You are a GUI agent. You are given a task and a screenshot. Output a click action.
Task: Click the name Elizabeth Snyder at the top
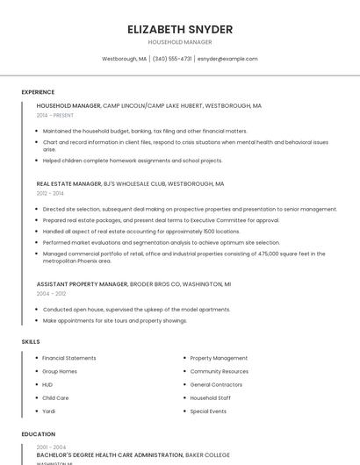[x=180, y=29]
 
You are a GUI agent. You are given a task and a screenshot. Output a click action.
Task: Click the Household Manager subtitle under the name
[x=180, y=42]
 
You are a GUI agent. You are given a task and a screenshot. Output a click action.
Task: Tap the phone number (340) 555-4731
[x=172, y=59]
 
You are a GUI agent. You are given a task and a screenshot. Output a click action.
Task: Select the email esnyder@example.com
[x=227, y=59]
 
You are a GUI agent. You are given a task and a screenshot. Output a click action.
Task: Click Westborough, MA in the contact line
[x=125, y=59]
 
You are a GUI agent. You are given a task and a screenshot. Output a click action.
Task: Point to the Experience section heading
[x=38, y=92]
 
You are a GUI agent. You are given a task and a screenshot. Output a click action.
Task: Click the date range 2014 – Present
[x=55, y=115]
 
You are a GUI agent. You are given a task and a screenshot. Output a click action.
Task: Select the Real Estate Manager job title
[x=68, y=184]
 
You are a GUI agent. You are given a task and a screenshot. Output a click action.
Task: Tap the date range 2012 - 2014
[x=50, y=193]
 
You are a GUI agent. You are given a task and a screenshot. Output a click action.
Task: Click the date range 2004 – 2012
[x=50, y=294]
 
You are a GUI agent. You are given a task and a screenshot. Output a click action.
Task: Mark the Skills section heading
[x=31, y=341]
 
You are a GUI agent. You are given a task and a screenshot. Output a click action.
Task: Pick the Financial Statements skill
[x=69, y=358]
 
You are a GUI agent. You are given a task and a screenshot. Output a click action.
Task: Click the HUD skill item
[x=47, y=384]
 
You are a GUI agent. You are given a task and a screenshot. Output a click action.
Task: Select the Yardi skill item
[x=49, y=411]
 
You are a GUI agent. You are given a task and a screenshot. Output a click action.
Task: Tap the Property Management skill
[x=219, y=358]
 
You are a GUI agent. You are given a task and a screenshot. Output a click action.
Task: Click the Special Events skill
[x=208, y=411]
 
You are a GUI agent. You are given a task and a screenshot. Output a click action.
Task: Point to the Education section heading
[x=38, y=434]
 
